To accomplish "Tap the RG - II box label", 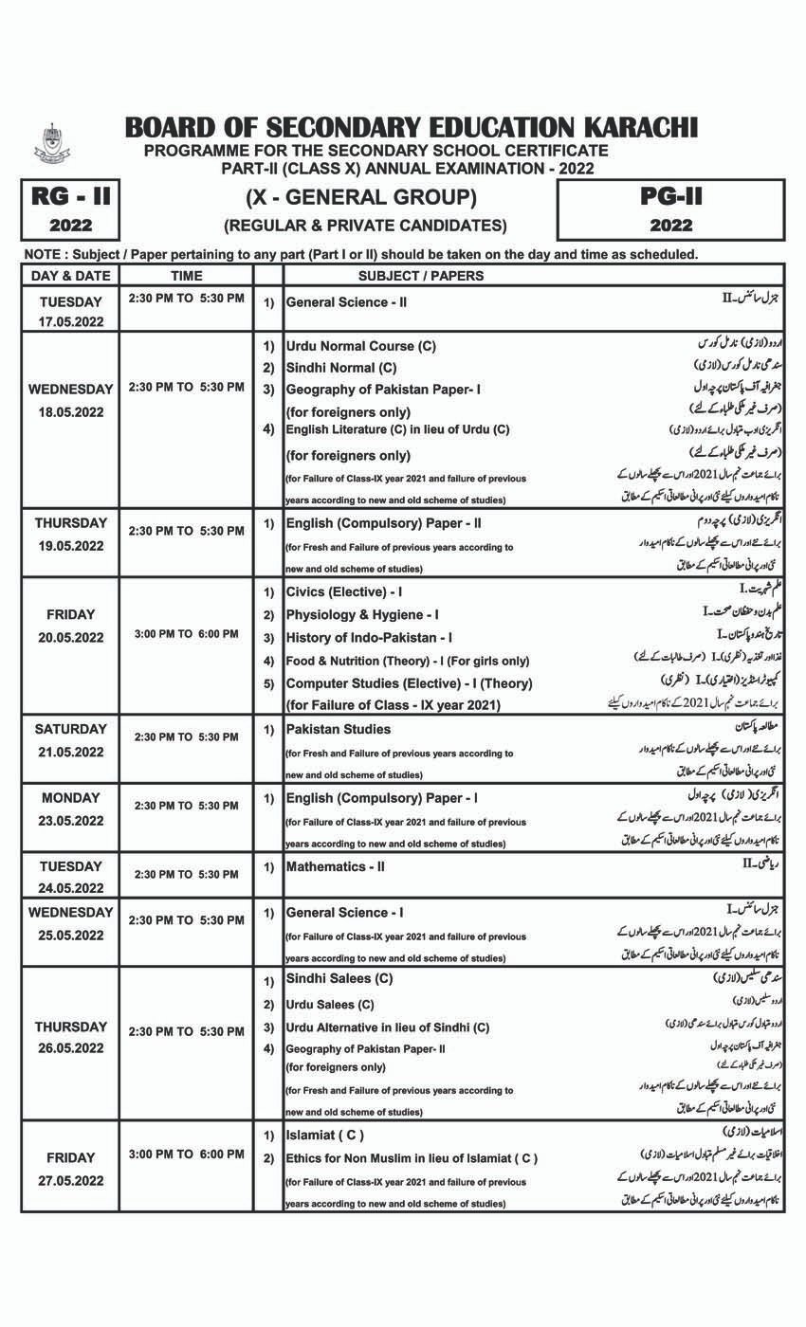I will click(x=71, y=197).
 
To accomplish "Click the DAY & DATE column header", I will click(x=70, y=276).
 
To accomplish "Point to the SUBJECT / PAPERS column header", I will click(x=421, y=276).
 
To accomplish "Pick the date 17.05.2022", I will click(x=70, y=322).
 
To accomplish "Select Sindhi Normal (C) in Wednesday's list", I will click(x=341, y=368).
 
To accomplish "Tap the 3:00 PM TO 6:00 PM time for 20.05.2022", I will click(x=186, y=633).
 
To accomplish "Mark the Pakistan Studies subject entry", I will click(x=339, y=729).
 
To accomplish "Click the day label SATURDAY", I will click(x=70, y=729).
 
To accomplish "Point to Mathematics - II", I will click(x=336, y=866).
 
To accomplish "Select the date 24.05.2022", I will click(x=70, y=888).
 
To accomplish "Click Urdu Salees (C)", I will click(x=330, y=1005).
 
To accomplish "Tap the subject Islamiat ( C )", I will click(x=324, y=1135).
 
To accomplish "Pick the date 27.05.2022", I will click(x=70, y=1181).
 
